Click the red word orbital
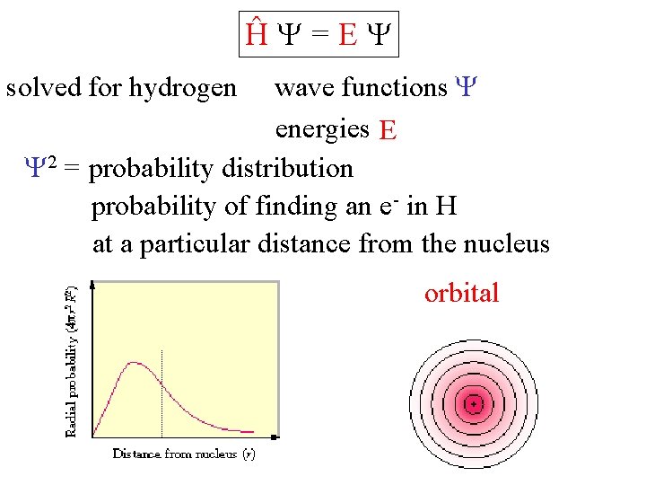click(461, 293)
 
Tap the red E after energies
click(388, 131)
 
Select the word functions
click(394, 87)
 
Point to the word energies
click(322, 129)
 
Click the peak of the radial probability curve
click(135, 363)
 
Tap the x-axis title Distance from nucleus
click(184, 454)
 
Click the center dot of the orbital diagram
click(473, 404)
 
